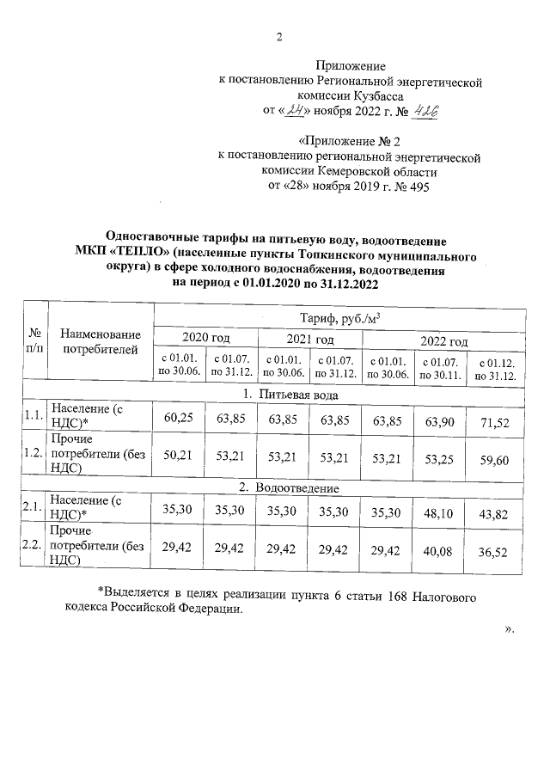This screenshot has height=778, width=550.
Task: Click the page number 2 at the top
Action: click(x=278, y=36)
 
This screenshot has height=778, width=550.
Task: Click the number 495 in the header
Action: click(x=418, y=186)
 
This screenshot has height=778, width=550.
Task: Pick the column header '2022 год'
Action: click(x=443, y=341)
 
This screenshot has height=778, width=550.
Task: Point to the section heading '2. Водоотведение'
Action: click(x=288, y=488)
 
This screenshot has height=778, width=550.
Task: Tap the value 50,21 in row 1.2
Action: click(x=177, y=458)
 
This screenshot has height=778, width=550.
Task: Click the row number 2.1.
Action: click(x=34, y=507)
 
